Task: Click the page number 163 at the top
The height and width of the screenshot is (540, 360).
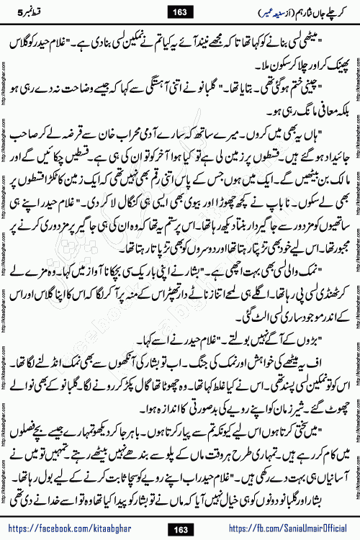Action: [x=180, y=11]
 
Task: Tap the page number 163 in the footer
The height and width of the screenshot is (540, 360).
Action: [x=180, y=528]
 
